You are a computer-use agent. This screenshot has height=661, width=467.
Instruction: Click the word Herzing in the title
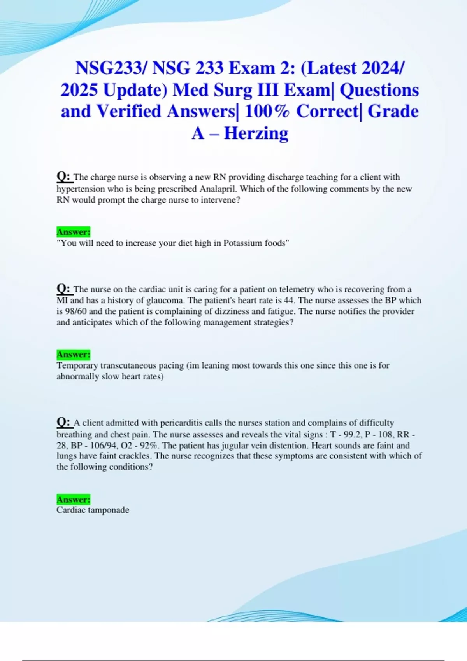tap(256, 133)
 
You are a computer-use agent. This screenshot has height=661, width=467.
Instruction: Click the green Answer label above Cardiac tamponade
tap(73, 499)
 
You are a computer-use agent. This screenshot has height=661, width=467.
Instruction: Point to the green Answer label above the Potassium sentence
tap(73, 232)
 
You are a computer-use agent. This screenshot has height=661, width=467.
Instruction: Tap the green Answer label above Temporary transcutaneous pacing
tap(73, 354)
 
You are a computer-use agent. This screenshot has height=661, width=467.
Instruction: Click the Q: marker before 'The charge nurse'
tap(64, 177)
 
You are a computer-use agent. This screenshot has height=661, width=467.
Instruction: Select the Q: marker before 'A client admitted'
tap(64, 422)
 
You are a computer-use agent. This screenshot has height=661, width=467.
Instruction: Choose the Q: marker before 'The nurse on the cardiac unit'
tap(64, 289)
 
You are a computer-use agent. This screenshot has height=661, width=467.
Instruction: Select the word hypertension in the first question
tap(79, 189)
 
